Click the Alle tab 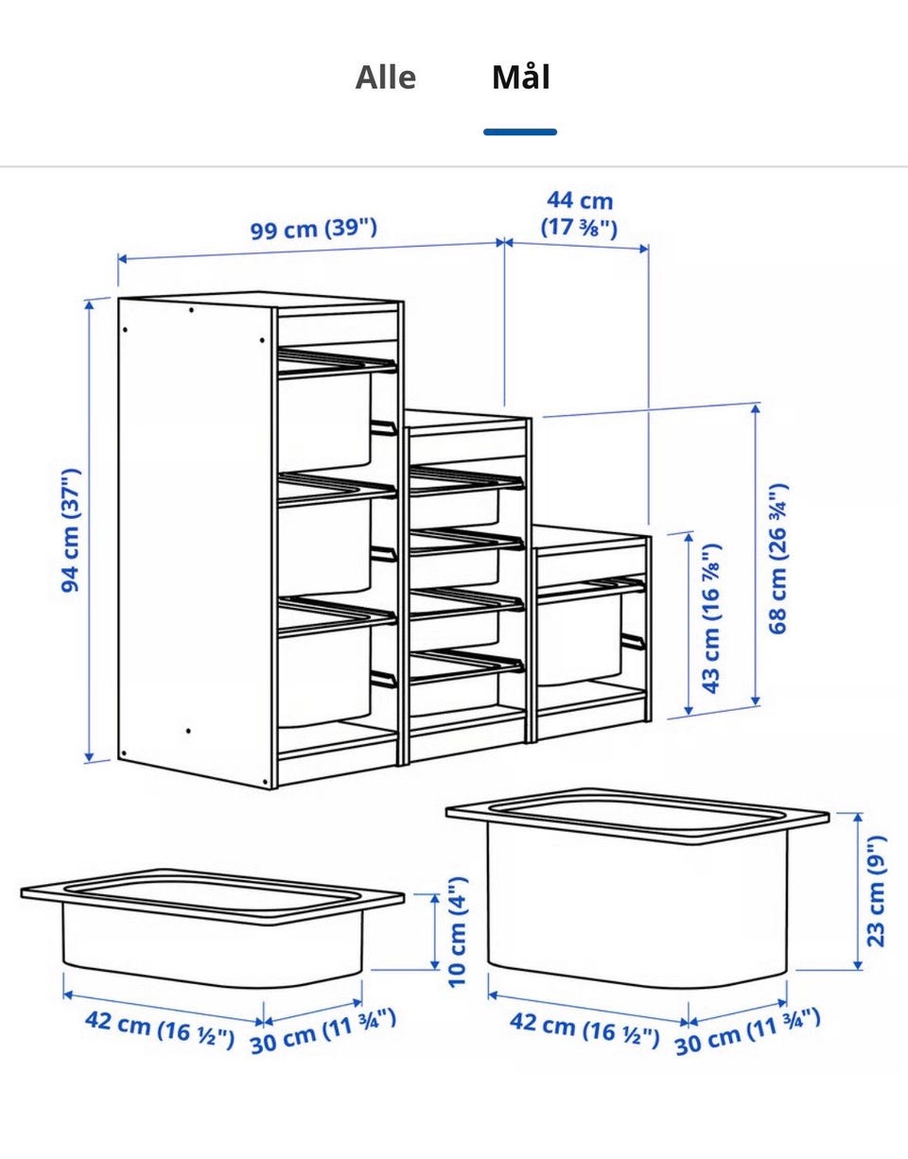coord(385,78)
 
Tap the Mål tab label coord(521,77)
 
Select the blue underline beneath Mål coord(520,131)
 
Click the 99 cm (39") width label coord(314,229)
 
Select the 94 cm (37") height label coord(70,530)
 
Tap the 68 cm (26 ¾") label coord(777,559)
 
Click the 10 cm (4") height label coord(457,933)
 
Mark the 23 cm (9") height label coord(876,891)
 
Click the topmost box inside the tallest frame coord(324,418)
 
